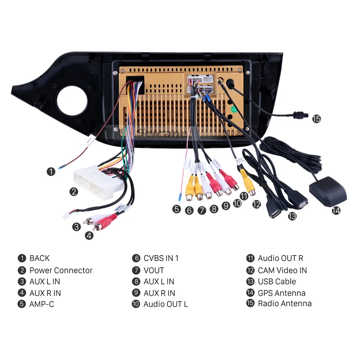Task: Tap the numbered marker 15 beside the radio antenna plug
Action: tap(316, 119)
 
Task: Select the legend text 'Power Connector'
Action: tap(61, 270)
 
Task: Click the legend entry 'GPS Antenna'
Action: tap(281, 293)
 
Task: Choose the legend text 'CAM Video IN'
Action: tap(282, 270)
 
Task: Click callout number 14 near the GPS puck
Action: tap(336, 210)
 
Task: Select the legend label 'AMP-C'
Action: tap(41, 304)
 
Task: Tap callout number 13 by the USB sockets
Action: tap(292, 216)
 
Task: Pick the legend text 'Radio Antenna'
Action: tap(284, 303)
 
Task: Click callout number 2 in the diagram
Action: tap(74, 192)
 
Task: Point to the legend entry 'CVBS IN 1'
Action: tap(161, 258)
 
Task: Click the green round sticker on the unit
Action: tap(234, 109)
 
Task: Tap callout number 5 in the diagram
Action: tap(176, 208)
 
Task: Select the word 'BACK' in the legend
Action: tap(40, 258)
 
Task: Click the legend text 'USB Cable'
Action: tap(277, 282)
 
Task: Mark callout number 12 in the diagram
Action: tap(256, 204)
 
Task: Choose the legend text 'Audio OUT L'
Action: tap(166, 304)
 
